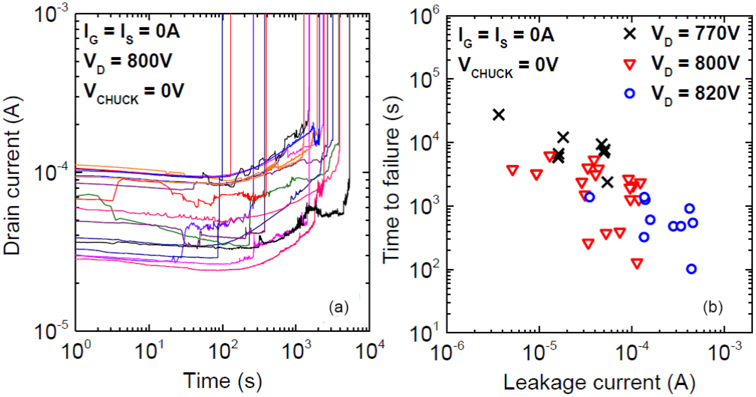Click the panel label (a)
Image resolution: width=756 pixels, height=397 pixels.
click(339, 307)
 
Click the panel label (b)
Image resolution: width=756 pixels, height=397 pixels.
click(713, 307)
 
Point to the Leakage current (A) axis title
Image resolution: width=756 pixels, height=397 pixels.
click(599, 382)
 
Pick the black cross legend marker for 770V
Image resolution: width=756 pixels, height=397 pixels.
click(630, 34)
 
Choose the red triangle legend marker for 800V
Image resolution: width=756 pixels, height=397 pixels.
click(630, 64)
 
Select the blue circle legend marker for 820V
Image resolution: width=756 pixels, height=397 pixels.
click(630, 93)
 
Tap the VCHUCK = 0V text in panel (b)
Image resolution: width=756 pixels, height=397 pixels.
click(508, 66)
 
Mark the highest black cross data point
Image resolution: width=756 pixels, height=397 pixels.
click(499, 115)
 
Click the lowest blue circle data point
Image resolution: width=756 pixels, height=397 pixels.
click(691, 269)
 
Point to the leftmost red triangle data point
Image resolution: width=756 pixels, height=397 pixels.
click(513, 170)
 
